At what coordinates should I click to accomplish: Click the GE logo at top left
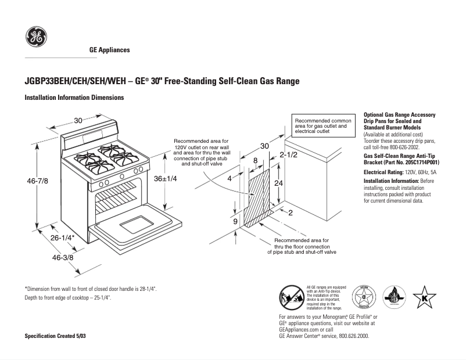[x=36, y=38]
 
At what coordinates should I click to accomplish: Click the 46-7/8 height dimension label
[x=38, y=182]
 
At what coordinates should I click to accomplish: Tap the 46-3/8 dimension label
[x=63, y=257]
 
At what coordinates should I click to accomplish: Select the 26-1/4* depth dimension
[x=62, y=238]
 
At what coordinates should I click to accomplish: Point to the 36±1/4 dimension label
[x=165, y=179]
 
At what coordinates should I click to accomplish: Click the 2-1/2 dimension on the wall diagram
[x=288, y=154]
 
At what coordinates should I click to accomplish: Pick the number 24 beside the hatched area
[x=279, y=182]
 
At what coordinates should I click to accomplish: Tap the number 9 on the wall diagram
[x=235, y=222]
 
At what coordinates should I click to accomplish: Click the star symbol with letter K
[x=424, y=297]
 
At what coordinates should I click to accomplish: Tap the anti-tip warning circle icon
[x=291, y=297]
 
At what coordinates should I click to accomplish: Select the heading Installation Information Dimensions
[x=74, y=98]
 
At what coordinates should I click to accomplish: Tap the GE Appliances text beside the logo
[x=109, y=50]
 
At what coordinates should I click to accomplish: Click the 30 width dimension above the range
[x=78, y=120]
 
